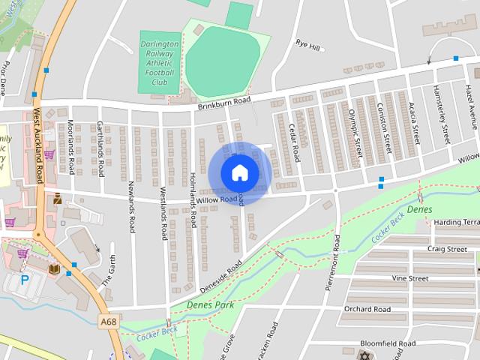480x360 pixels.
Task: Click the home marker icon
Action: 239,172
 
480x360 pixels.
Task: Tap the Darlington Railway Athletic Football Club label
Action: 159,64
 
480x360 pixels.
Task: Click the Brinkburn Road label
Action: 223,103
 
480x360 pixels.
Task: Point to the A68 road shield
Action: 108,321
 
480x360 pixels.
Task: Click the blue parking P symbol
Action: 25,280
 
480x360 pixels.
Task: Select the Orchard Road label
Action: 367,309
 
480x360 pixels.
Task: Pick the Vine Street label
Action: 409,278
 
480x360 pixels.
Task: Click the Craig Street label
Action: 447,249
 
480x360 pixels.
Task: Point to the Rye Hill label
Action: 307,46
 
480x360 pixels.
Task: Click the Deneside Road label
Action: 220,276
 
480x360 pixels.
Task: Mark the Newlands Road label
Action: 131,206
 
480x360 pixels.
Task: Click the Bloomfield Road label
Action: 388,343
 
